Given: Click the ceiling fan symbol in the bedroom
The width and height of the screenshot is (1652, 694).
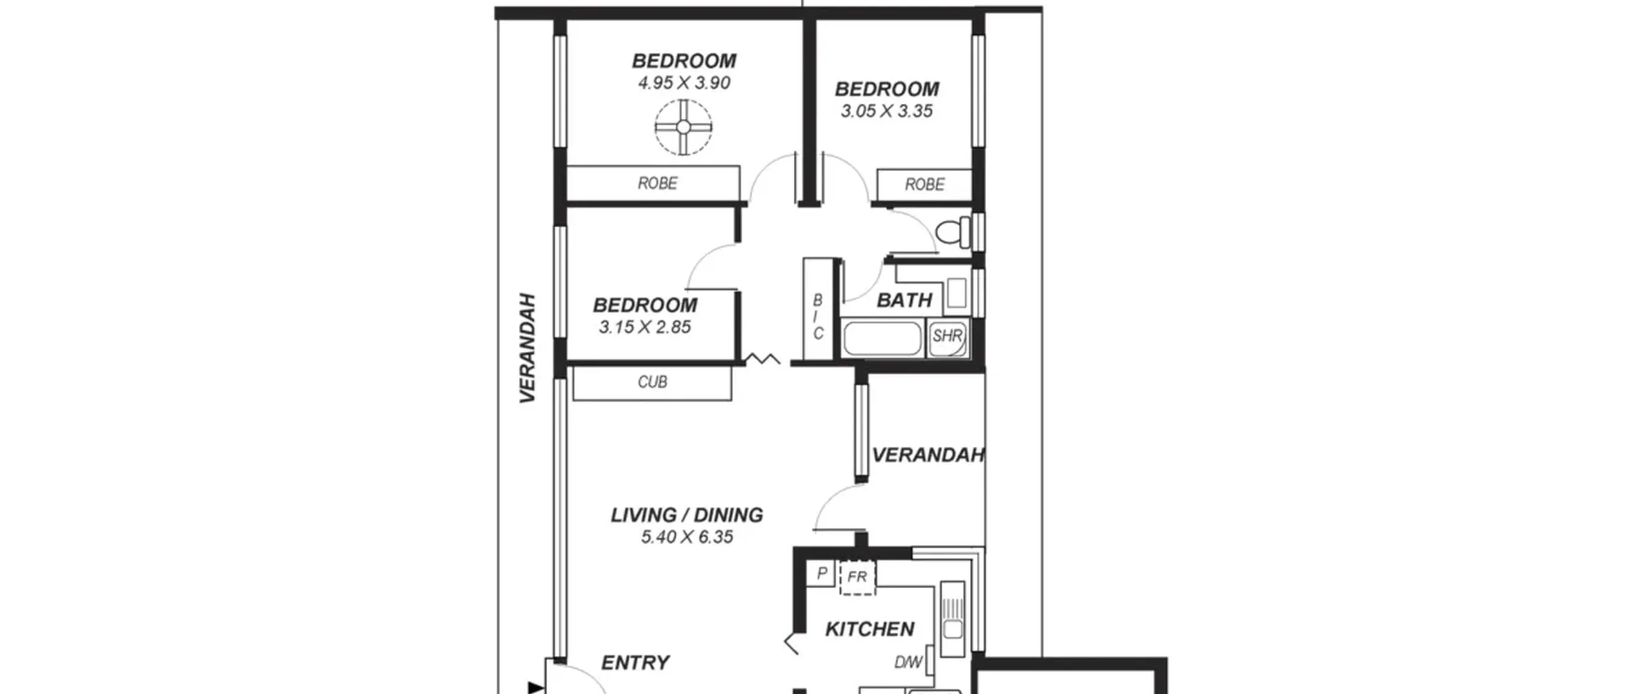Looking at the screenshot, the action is tap(683, 127).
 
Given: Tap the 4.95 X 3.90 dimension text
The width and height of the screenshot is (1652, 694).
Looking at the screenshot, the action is tap(684, 83).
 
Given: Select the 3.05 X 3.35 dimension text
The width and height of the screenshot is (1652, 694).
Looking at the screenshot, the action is tap(887, 111).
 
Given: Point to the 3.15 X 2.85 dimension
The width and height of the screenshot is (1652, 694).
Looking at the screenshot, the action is tap(645, 327).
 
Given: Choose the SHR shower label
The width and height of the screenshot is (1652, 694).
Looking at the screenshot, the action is tap(947, 336).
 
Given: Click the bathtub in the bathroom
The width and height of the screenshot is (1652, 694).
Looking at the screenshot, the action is tap(882, 338).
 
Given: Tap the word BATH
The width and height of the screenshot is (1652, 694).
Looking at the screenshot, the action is tap(904, 300).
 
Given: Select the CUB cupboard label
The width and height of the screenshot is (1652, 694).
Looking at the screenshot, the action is tap(652, 382).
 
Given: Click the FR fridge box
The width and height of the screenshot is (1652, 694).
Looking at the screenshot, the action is tap(858, 577).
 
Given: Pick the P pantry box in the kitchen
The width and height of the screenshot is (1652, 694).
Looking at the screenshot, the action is tap(821, 573).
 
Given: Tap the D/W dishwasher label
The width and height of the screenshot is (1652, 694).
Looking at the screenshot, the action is tap(909, 662).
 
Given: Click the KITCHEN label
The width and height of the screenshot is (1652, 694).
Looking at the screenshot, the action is tap(869, 629).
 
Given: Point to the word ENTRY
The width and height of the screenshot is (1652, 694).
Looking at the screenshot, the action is tap(635, 662).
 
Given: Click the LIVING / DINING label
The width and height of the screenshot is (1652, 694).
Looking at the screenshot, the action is tap(687, 515).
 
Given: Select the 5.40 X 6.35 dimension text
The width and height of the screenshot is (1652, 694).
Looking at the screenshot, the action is tap(687, 537).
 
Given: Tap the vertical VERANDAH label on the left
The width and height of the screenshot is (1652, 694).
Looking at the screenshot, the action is tap(528, 349).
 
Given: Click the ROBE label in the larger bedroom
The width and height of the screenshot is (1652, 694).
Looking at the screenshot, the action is tap(658, 183).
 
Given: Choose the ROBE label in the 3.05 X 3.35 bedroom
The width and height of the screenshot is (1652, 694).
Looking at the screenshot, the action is tap(925, 185).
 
